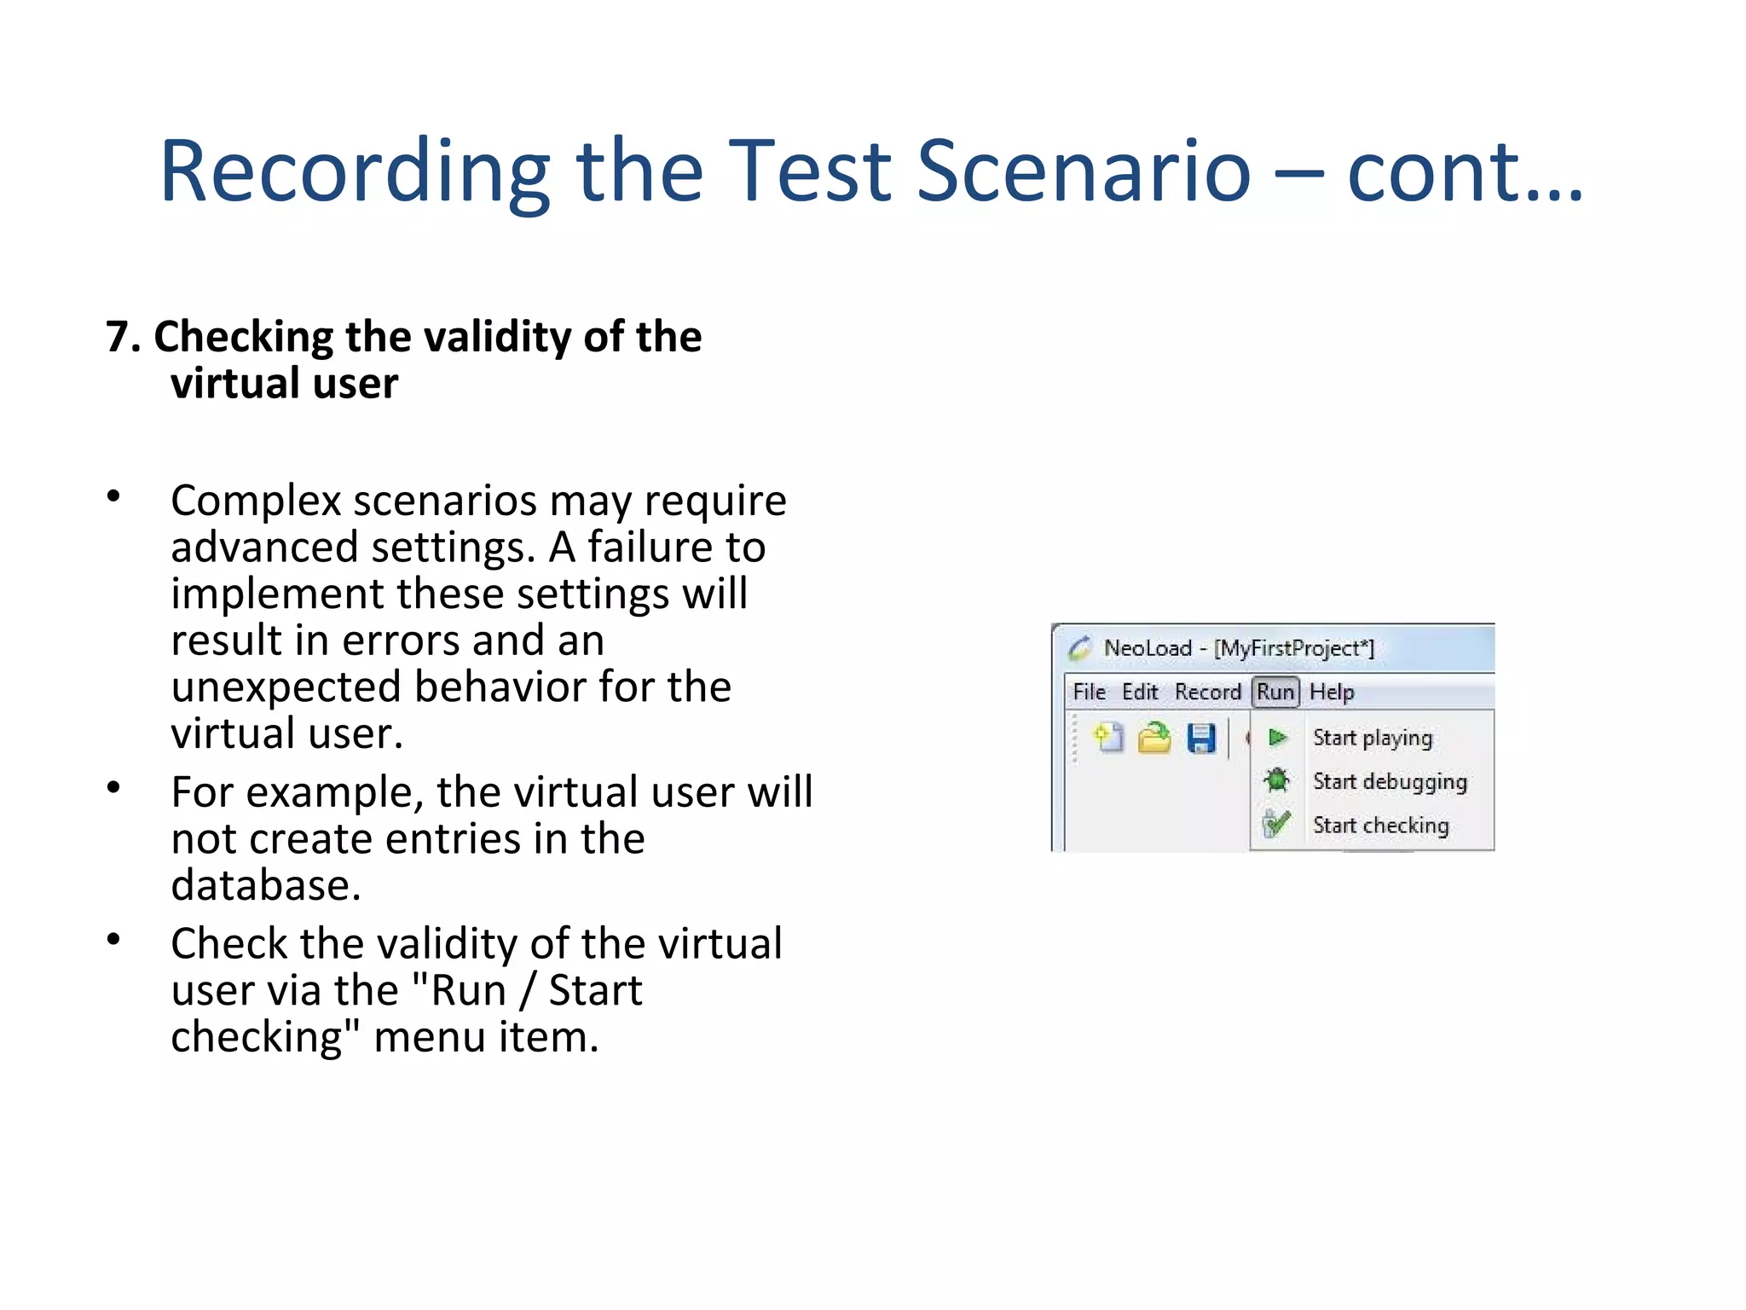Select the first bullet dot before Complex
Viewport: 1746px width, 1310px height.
tap(113, 496)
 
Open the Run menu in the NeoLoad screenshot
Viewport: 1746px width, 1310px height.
tap(1275, 692)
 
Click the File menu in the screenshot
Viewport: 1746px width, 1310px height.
tap(1089, 692)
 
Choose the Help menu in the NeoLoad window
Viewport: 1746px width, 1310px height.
tap(1332, 692)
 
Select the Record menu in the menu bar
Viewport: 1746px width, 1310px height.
tap(1207, 692)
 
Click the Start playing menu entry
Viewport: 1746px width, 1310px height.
tap(1372, 738)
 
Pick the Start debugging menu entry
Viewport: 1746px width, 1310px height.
tap(1389, 781)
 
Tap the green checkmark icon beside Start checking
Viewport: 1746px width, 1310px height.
tap(1276, 824)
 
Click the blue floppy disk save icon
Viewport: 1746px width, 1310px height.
tap(1201, 739)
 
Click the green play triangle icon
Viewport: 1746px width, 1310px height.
tap(1277, 738)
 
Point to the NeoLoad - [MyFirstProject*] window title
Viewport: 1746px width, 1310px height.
tap(1239, 648)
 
